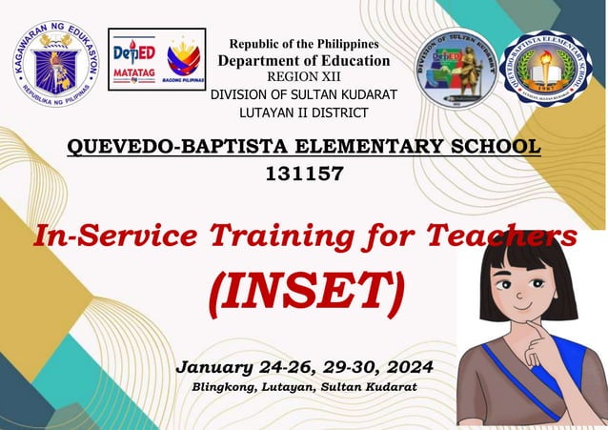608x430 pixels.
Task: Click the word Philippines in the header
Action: (x=344, y=43)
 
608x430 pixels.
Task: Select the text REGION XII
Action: (x=302, y=77)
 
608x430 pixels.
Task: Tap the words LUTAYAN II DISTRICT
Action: (x=302, y=113)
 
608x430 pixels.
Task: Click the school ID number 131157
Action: (x=303, y=174)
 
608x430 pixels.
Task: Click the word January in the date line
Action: (x=216, y=367)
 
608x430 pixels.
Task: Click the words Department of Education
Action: (x=304, y=60)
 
